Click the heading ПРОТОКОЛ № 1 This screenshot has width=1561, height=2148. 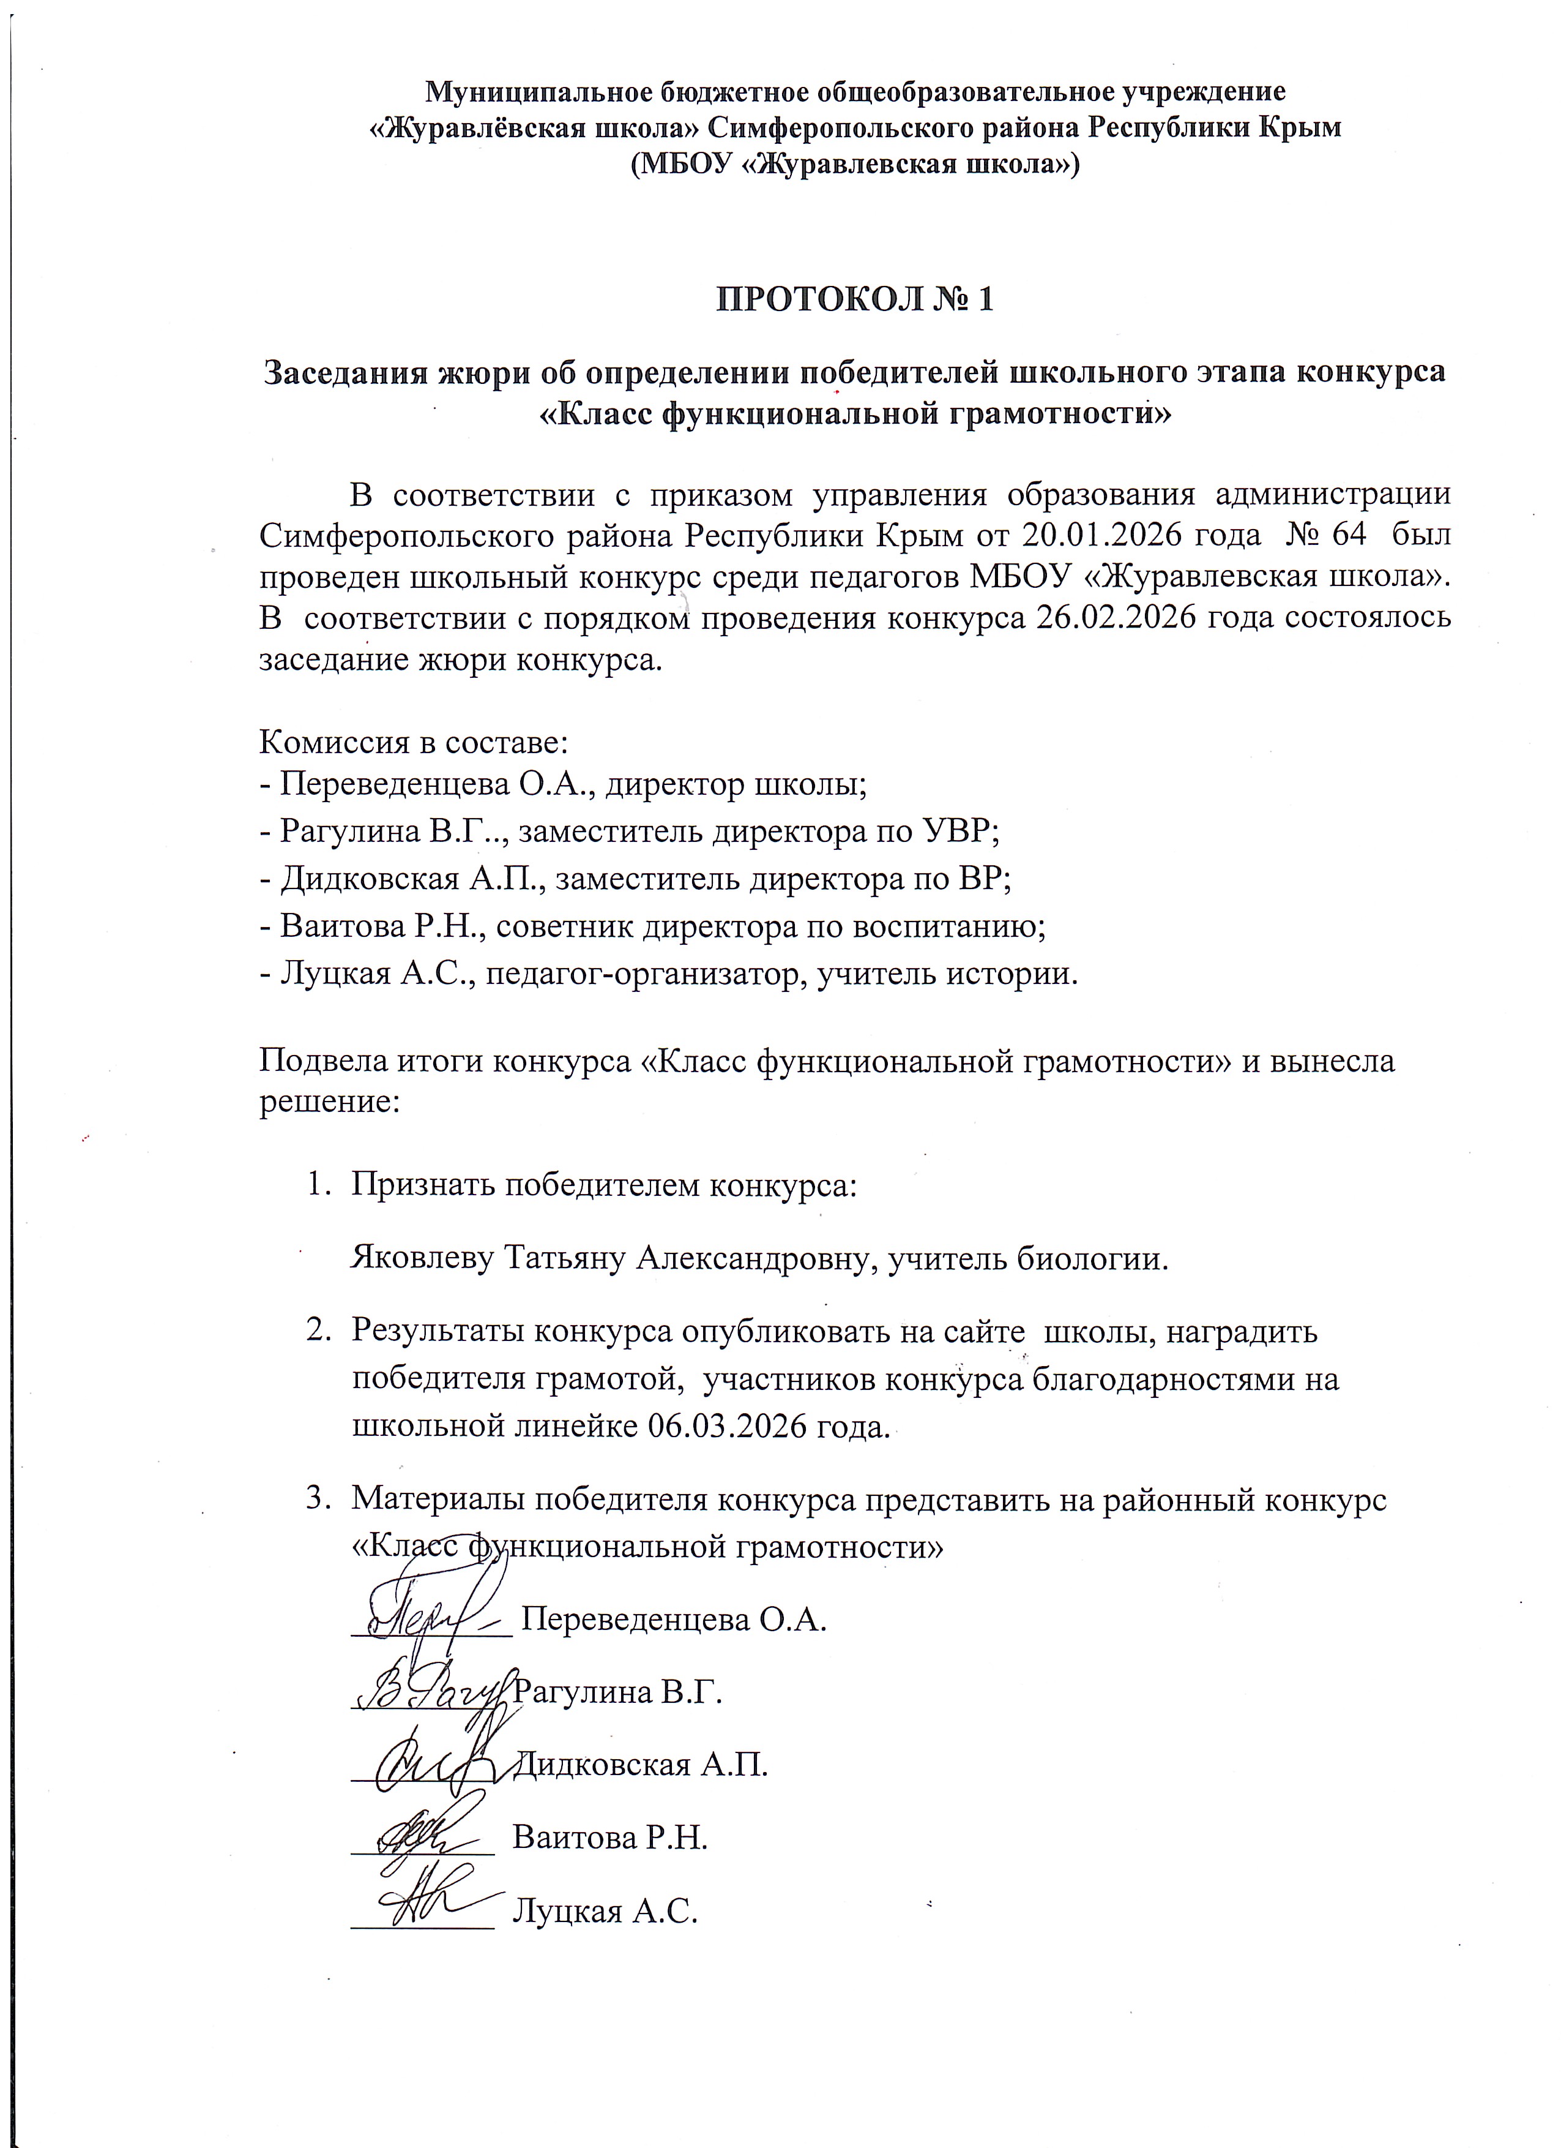click(855, 299)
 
